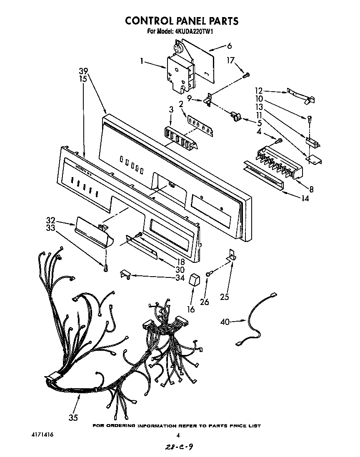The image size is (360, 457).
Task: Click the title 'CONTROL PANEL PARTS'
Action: coord(182,20)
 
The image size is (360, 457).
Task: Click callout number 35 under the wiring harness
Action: coord(73,417)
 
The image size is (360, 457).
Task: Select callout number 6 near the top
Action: coord(229,46)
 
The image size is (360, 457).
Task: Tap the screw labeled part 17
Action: coord(246,75)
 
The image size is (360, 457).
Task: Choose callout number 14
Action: coord(305,199)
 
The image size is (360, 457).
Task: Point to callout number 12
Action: coord(259,90)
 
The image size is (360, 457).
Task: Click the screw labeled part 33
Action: coord(106,266)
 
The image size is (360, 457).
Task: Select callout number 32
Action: coord(50,220)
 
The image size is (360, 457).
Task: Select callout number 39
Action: coord(83,70)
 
